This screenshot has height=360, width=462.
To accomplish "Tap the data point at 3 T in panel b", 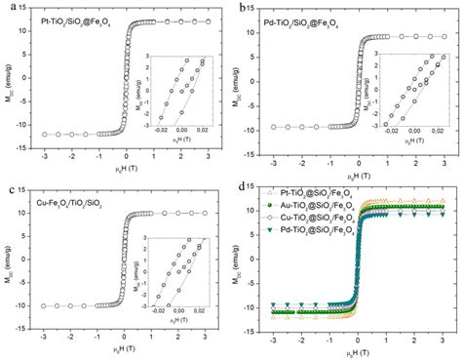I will tap(442, 36).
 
